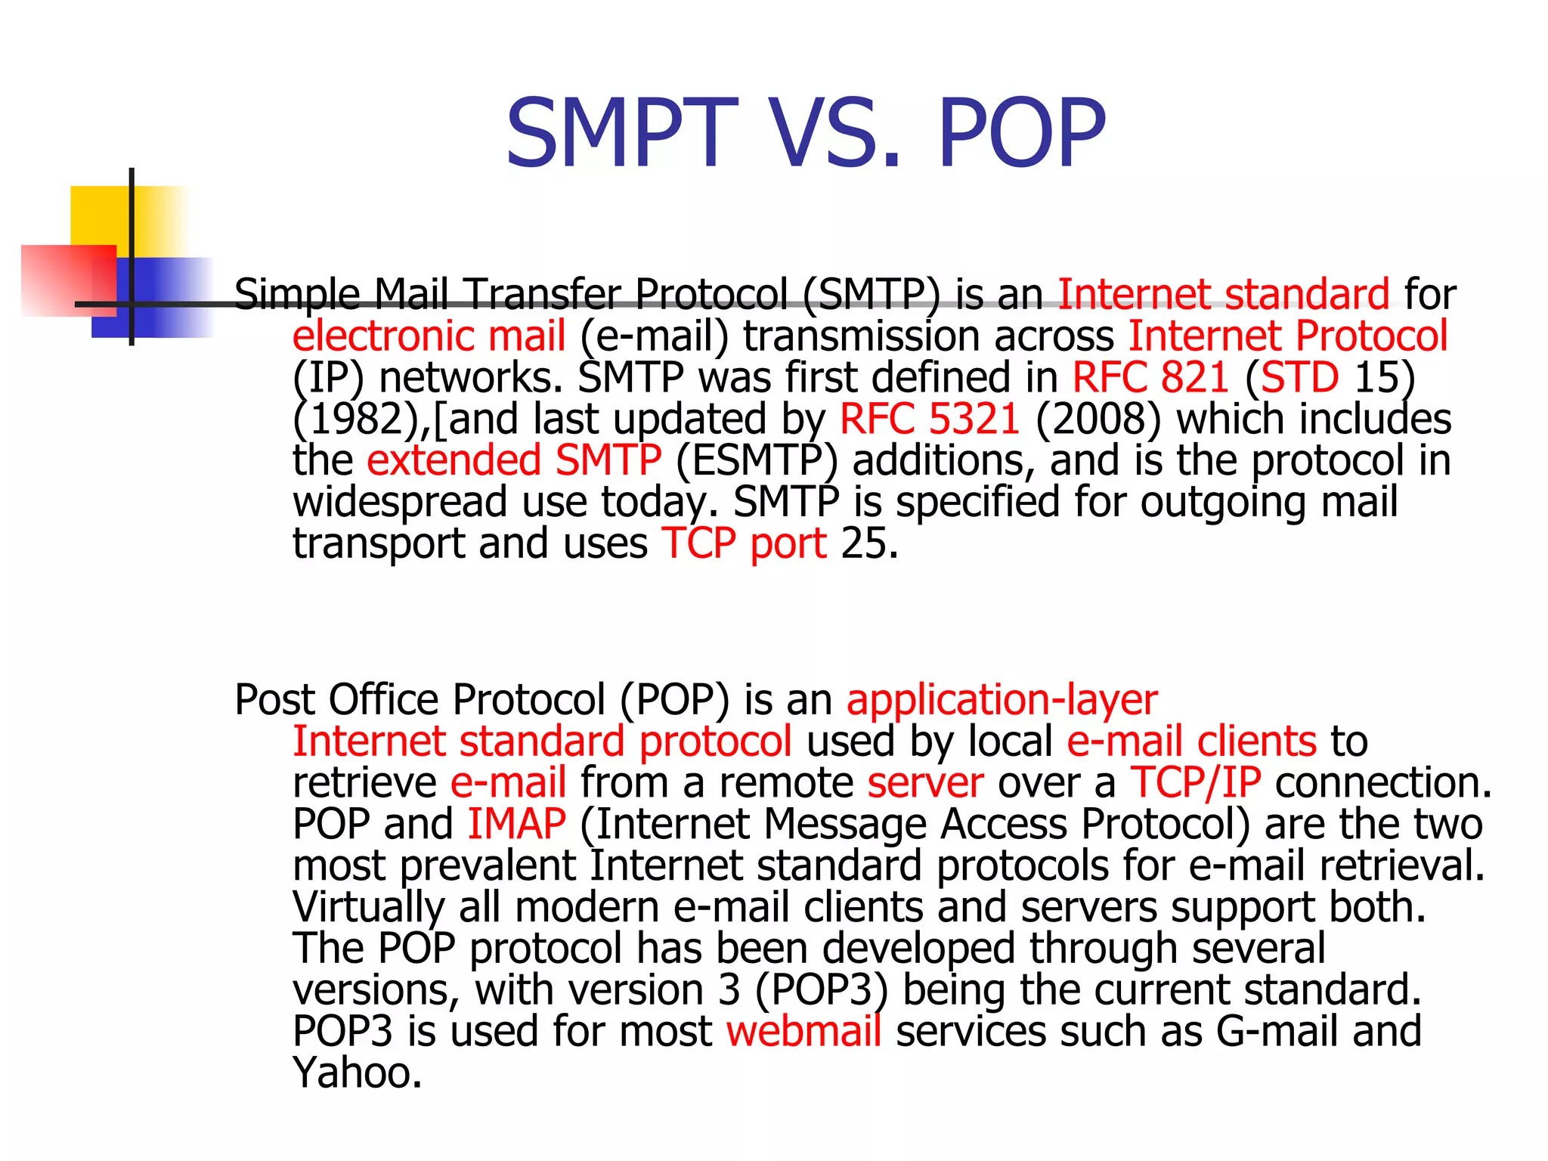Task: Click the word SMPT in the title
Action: click(621, 135)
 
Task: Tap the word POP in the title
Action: click(1022, 135)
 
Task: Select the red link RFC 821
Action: click(1150, 377)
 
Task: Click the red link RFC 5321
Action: click(930, 419)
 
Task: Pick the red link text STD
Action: click(1299, 377)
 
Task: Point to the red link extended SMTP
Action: click(514, 460)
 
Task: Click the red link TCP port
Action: click(745, 543)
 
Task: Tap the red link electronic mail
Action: click(429, 336)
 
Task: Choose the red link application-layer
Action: click(1002, 699)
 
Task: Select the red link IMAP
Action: click(516, 824)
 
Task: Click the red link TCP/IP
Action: click(1196, 782)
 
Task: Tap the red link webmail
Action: click(804, 1031)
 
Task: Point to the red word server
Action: click(925, 782)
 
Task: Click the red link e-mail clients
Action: click(1191, 741)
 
